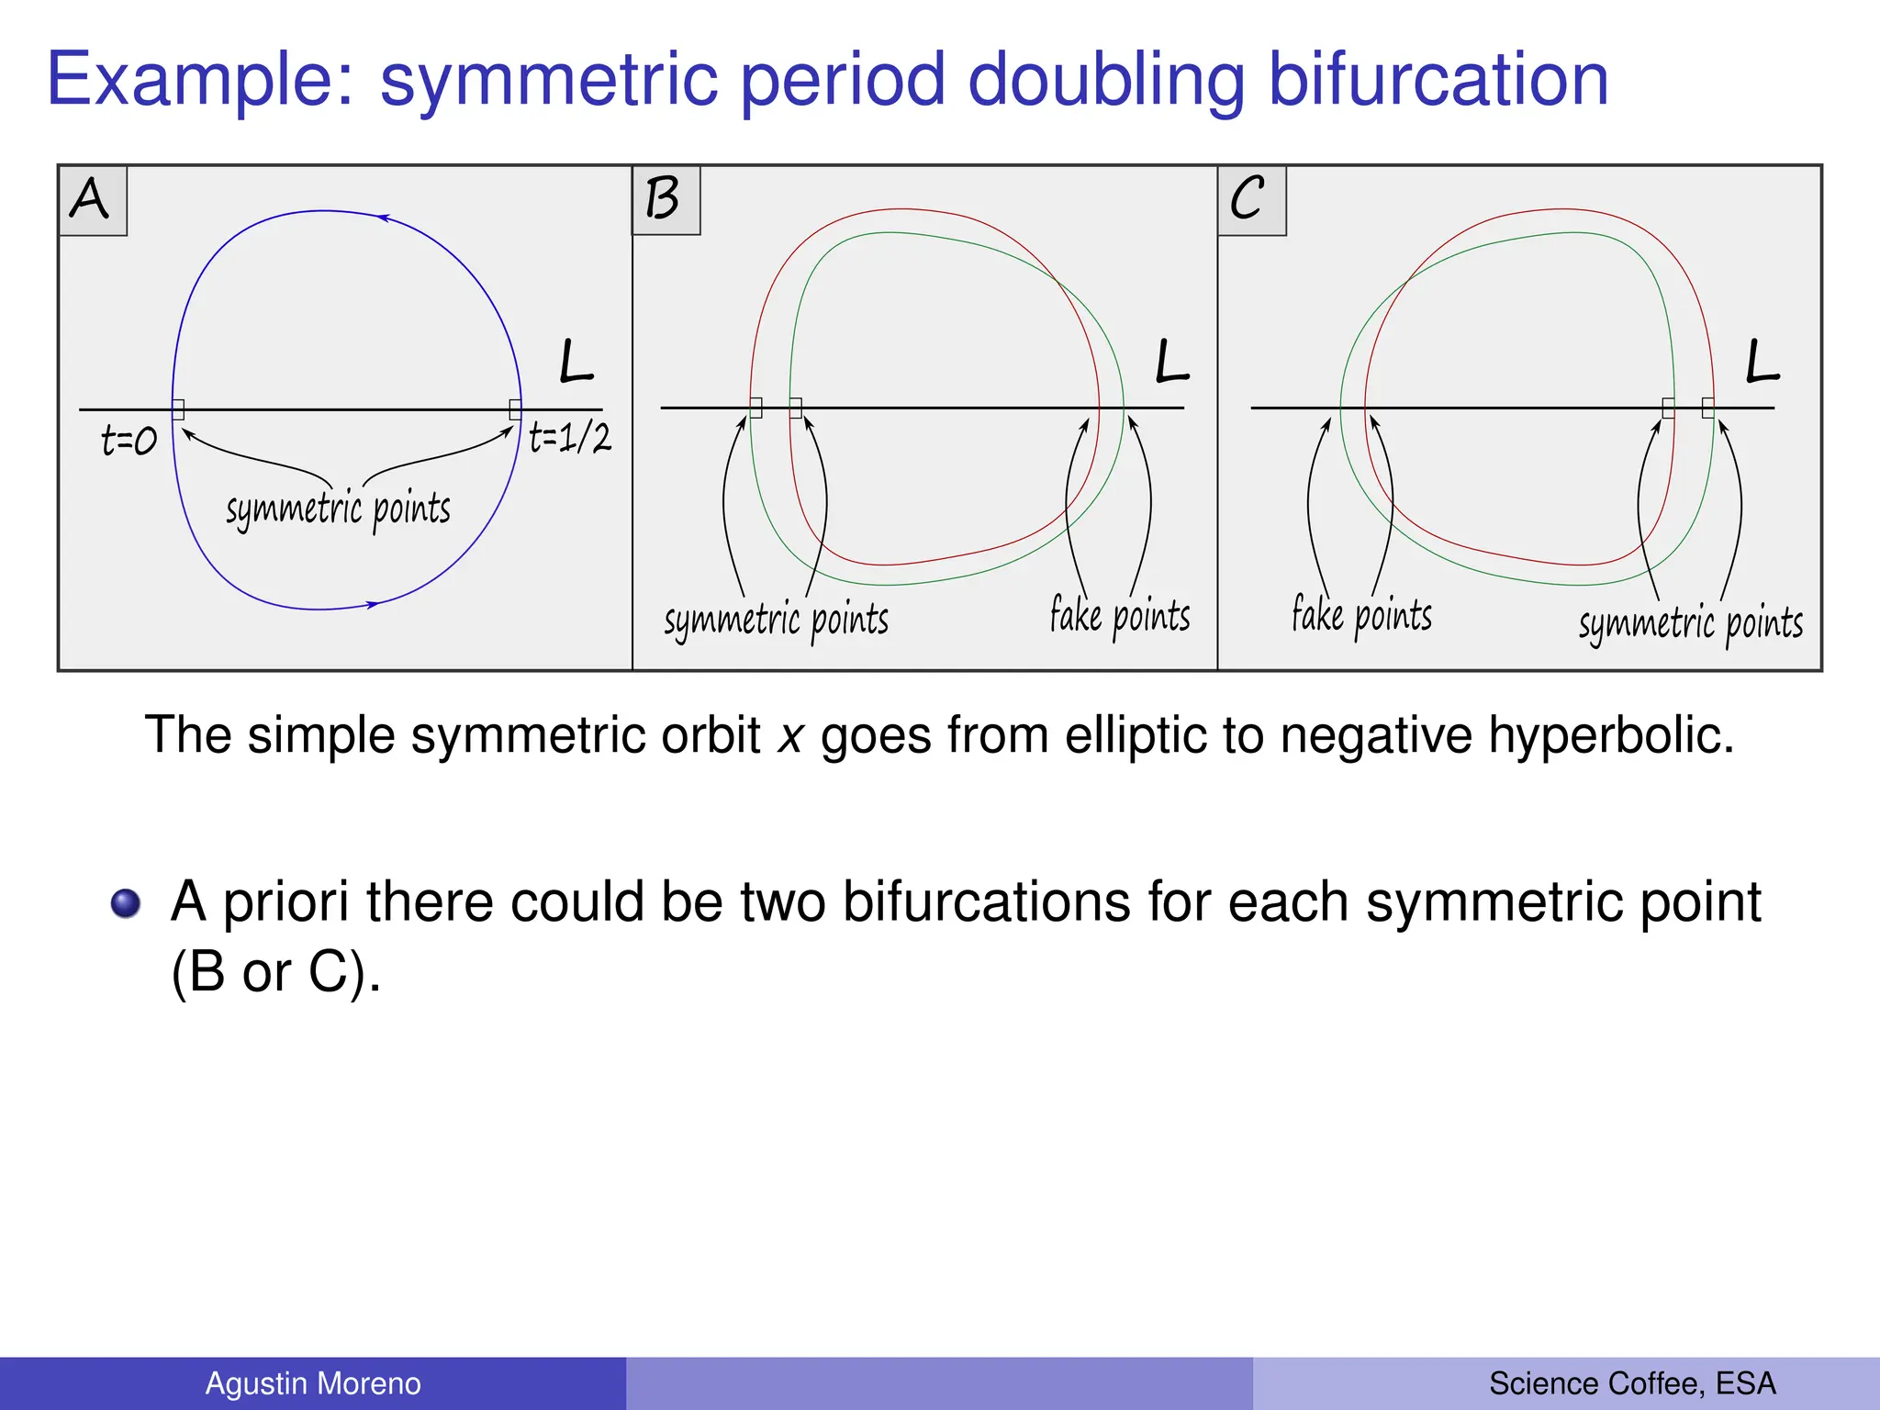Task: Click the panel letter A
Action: pyautogui.click(x=90, y=198)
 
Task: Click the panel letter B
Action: pyautogui.click(x=662, y=198)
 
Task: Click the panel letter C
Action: pyautogui.click(x=1248, y=198)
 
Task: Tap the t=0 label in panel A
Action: pyautogui.click(x=129, y=442)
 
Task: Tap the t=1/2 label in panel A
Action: pyautogui.click(x=570, y=438)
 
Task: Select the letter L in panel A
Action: pyautogui.click(x=576, y=362)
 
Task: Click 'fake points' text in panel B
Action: pyautogui.click(x=1120, y=616)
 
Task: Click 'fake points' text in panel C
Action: pyautogui.click(x=1361, y=616)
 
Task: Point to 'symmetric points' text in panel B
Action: pyautogui.click(x=777, y=621)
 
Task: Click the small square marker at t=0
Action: pyautogui.click(x=178, y=409)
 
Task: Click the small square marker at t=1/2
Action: pyautogui.click(x=515, y=409)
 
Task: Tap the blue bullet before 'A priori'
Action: pyautogui.click(x=126, y=903)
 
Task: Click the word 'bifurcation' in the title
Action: pyautogui.click(x=1438, y=80)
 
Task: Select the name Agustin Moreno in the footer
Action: pyautogui.click(x=313, y=1383)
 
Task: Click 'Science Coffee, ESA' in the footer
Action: pyautogui.click(x=1632, y=1383)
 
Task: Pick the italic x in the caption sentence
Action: pyautogui.click(x=790, y=736)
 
